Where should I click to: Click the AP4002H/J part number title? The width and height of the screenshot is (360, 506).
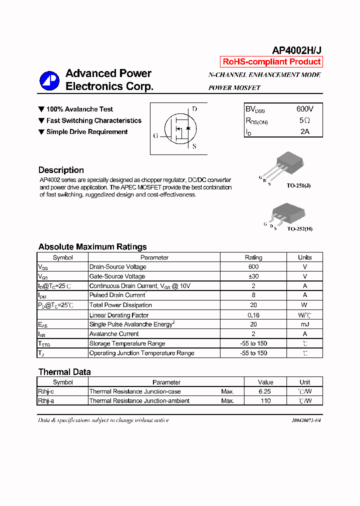pos(296,50)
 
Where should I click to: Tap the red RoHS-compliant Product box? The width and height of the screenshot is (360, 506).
pos(271,62)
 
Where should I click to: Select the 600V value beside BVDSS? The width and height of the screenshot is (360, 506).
pos(304,109)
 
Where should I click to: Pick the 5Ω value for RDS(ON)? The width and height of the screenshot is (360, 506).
pos(304,120)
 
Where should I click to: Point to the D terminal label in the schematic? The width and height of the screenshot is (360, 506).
pos(194,109)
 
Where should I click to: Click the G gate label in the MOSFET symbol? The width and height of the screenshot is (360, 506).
pos(155,135)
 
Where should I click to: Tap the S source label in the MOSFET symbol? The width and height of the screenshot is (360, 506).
pos(194,146)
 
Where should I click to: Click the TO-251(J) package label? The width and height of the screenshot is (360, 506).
pos(299,185)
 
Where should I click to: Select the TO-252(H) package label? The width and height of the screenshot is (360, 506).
pos(299,228)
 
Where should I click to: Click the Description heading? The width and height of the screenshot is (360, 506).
pos(61,170)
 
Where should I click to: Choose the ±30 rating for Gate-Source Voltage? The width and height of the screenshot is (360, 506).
pos(253,276)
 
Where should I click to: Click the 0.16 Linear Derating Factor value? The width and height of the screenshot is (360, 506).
pos(253,315)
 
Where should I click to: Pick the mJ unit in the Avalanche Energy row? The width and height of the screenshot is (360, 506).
pos(304,324)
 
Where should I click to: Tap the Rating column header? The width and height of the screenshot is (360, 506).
pos(253,257)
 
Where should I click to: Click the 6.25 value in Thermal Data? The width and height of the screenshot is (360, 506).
pos(265,391)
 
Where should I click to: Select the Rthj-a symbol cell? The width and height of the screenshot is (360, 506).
pos(46,401)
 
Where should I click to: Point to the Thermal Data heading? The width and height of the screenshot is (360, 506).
pos(64,372)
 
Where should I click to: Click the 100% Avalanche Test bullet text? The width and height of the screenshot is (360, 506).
pos(79,109)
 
